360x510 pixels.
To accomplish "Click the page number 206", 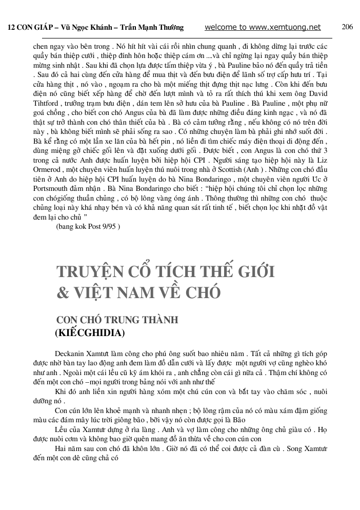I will (347, 27).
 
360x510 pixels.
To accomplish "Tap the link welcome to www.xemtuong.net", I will (263, 28).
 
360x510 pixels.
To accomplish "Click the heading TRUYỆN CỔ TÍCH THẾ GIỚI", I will (165, 272).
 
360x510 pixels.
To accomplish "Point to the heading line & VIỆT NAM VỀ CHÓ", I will (138, 292).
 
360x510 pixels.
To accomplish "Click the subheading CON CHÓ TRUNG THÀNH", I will (117, 320).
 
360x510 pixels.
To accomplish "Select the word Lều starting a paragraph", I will (62, 429).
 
